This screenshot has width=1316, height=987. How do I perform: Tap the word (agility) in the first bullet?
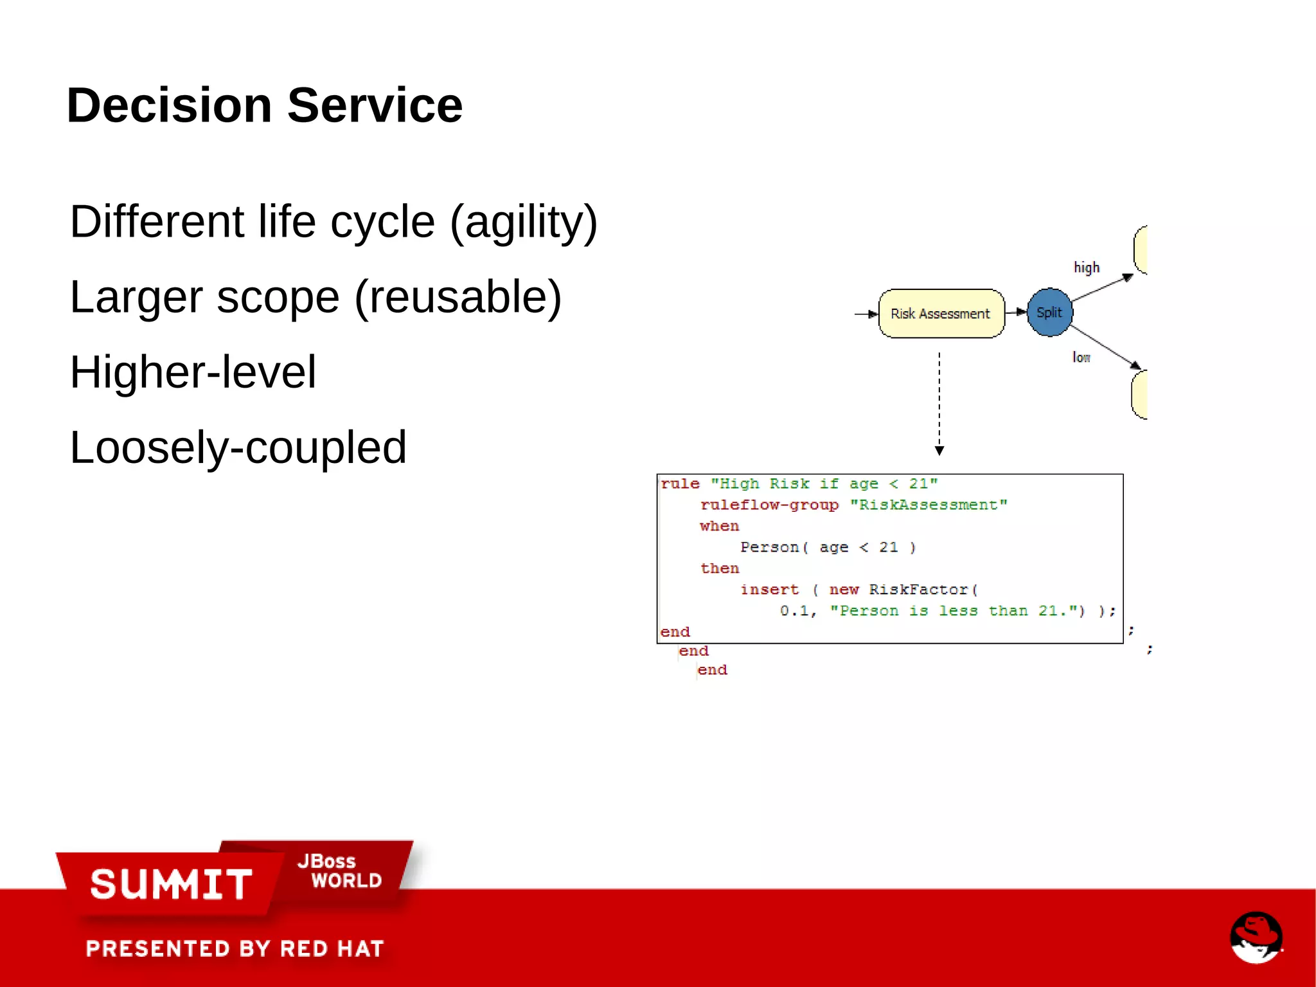524,222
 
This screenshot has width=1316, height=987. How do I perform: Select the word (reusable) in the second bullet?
458,297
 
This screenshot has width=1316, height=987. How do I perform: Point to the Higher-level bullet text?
193,372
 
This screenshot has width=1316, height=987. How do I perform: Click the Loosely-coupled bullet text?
238,448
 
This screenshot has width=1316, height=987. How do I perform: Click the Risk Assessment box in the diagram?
941,314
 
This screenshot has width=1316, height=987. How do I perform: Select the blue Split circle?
1049,312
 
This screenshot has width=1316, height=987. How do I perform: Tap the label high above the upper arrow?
1087,267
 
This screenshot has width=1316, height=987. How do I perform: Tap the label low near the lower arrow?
1081,358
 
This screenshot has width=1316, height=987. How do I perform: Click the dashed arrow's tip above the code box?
939,451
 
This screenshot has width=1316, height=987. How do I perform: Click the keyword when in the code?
719,526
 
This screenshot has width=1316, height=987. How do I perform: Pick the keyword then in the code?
719,568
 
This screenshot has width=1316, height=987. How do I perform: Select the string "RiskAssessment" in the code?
929,505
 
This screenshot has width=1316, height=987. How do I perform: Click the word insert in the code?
769,590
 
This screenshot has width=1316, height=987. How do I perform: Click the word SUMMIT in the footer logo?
171,884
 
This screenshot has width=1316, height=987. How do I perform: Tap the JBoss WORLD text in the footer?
339,871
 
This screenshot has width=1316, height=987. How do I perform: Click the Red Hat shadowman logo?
1256,937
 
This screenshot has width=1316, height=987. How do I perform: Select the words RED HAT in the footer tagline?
332,949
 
